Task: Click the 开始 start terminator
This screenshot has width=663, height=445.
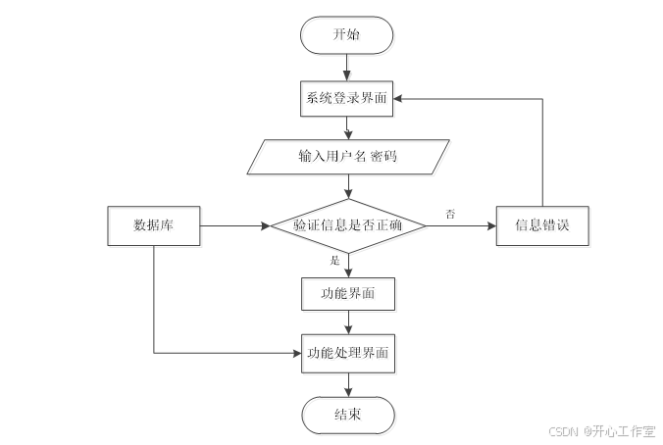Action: click(x=347, y=35)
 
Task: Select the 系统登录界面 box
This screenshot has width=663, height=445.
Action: click(x=347, y=99)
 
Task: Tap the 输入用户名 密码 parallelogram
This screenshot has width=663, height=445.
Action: click(x=347, y=158)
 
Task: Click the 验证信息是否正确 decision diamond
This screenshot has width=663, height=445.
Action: click(x=347, y=225)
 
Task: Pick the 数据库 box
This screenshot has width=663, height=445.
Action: click(x=154, y=225)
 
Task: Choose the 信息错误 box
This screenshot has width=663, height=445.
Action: click(x=542, y=225)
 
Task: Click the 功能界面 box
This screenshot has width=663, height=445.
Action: click(x=347, y=292)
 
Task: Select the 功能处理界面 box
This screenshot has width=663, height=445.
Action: click(x=347, y=353)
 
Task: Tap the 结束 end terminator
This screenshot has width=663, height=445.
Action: click(x=347, y=415)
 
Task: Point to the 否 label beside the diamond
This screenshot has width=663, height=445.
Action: click(x=450, y=213)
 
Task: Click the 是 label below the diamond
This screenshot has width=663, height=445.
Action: click(x=334, y=261)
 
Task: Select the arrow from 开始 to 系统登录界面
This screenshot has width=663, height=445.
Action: click(x=347, y=68)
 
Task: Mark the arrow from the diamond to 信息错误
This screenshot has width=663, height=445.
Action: click(x=461, y=225)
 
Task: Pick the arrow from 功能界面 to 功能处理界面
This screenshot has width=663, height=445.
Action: click(x=347, y=322)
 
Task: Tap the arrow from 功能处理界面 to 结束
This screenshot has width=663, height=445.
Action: click(x=347, y=384)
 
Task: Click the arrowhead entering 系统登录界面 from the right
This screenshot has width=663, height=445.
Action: click(x=401, y=99)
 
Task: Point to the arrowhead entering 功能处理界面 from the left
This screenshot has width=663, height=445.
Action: click(x=295, y=353)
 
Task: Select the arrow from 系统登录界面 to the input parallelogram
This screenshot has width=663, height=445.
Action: click(x=347, y=128)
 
